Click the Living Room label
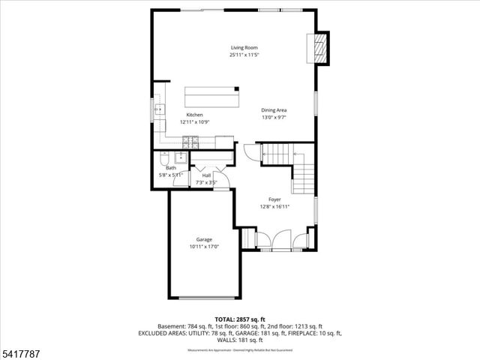[240, 48]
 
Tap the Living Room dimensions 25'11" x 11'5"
[240, 55]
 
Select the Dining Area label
[274, 110]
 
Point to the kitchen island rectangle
[213, 97]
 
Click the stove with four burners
[190, 140]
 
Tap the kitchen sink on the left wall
[159, 111]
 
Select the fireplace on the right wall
[320, 49]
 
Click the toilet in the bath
[163, 158]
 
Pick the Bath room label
[170, 168]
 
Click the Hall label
[206, 175]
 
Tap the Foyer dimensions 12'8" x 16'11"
[274, 206]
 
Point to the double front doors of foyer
[282, 240]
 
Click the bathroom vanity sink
[181, 157]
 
